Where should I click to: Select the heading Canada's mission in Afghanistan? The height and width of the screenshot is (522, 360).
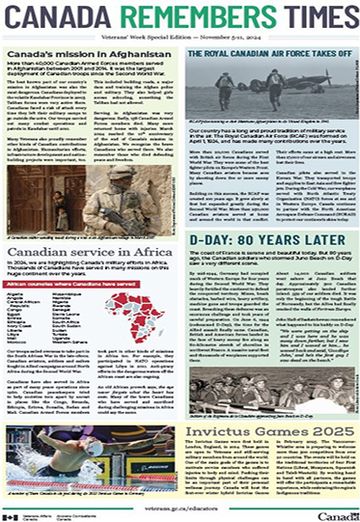(69, 53)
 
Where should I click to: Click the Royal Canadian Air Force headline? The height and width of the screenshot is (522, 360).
(268, 56)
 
